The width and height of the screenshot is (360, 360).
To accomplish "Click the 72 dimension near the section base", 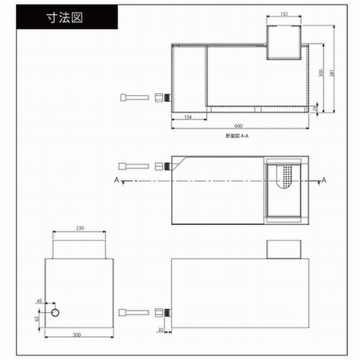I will [x=316, y=109].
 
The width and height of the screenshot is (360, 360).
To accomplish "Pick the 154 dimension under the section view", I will [x=188, y=118].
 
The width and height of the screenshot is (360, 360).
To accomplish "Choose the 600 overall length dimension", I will [x=239, y=125].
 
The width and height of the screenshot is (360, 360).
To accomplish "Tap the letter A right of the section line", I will [x=324, y=179].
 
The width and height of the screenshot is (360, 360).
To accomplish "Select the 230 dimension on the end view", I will [x=80, y=228].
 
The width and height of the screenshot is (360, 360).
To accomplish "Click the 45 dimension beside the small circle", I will [x=40, y=301].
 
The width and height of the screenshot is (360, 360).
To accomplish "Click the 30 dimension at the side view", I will [x=161, y=330].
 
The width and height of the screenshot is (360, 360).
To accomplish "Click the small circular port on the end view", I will [x=55, y=314].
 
